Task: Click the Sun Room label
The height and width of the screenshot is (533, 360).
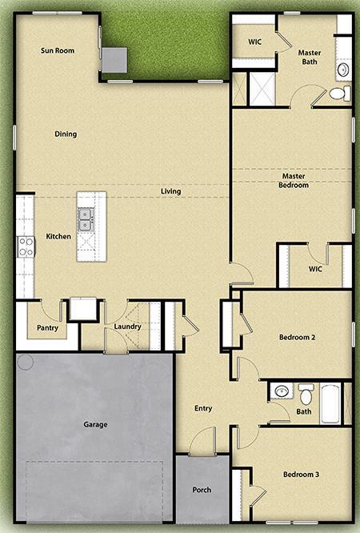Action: pyautogui.click(x=58, y=50)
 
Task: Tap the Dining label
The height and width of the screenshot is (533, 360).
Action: pyautogui.click(x=66, y=134)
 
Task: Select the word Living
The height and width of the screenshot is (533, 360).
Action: pyautogui.click(x=170, y=191)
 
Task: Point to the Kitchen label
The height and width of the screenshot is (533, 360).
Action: pyautogui.click(x=58, y=236)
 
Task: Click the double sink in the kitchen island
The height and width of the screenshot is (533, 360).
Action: pyautogui.click(x=86, y=214)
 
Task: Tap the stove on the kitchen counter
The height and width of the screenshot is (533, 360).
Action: pyautogui.click(x=26, y=245)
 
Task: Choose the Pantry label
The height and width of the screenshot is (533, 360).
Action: pyautogui.click(x=47, y=327)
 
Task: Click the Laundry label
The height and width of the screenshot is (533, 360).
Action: pyautogui.click(x=127, y=326)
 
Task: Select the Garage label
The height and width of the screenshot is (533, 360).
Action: pyautogui.click(x=95, y=424)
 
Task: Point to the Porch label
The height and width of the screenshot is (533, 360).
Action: pyautogui.click(x=202, y=489)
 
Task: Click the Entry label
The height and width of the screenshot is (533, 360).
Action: pyautogui.click(x=203, y=408)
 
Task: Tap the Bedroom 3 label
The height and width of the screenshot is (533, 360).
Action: pyautogui.click(x=302, y=475)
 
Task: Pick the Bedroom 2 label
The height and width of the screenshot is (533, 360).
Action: pyautogui.click(x=297, y=338)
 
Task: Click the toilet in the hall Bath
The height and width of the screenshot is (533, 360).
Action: pyautogui.click(x=306, y=395)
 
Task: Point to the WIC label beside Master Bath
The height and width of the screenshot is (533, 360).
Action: pyautogui.click(x=255, y=41)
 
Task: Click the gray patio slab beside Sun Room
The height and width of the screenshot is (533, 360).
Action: pyautogui.click(x=114, y=58)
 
